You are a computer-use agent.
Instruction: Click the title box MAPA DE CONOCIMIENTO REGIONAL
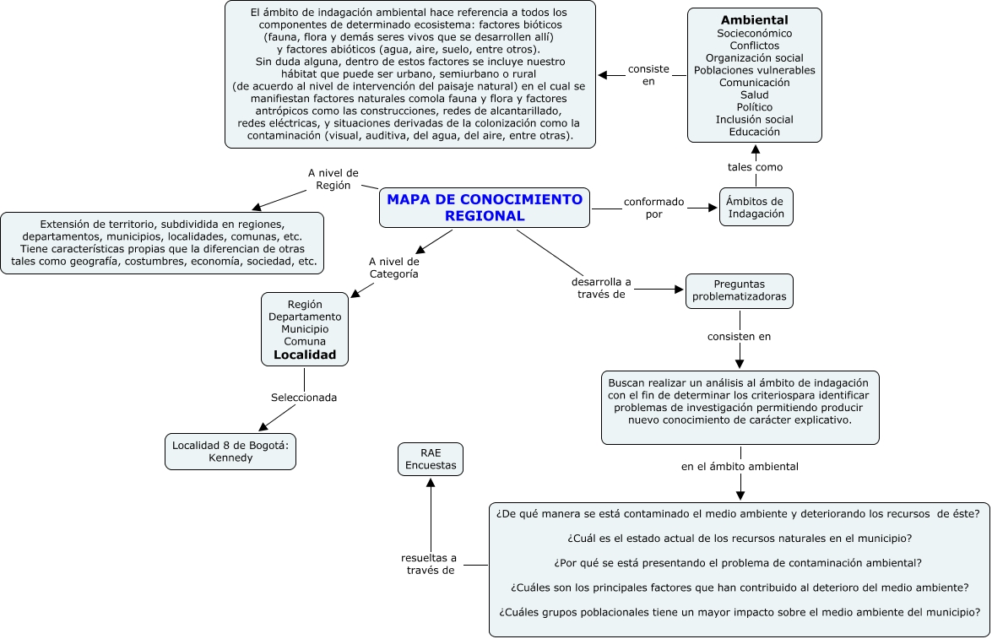point(485,208)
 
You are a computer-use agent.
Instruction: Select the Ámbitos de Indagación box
point(756,207)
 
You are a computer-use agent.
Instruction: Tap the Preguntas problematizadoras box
point(739,290)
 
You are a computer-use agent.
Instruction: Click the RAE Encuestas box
point(431,458)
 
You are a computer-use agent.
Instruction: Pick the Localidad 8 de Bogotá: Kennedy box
point(230,452)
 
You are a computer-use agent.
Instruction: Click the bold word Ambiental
point(754,20)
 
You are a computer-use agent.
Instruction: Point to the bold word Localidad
point(305,355)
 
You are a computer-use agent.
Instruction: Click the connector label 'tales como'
point(755,167)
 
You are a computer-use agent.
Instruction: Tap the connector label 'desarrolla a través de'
point(601,288)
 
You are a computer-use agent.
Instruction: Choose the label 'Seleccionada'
point(304,398)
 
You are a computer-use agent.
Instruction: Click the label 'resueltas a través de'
point(429,564)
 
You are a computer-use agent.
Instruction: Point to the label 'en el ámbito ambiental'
point(740,466)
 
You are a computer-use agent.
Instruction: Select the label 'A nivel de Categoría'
point(393,268)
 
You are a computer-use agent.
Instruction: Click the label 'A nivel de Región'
point(333,179)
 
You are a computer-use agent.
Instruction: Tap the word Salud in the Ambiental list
point(754,95)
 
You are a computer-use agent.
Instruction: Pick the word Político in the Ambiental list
point(754,107)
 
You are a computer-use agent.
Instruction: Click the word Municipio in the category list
point(305,329)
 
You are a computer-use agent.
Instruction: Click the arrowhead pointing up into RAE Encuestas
point(431,484)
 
